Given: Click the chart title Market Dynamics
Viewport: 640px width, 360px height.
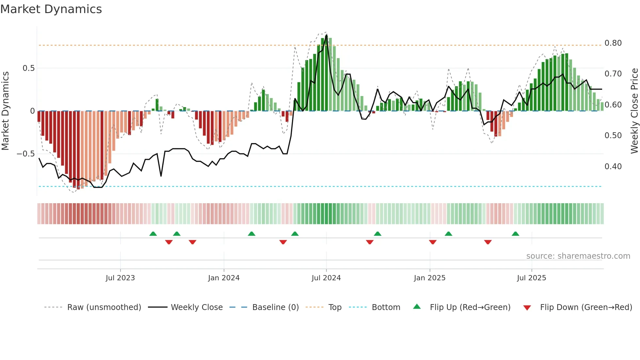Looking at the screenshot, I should (x=51, y=9).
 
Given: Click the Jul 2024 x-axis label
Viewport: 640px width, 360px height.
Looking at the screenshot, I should (x=326, y=278).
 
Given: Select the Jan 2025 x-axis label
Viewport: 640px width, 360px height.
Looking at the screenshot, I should (x=429, y=278).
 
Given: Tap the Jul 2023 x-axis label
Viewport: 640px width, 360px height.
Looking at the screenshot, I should (x=120, y=278).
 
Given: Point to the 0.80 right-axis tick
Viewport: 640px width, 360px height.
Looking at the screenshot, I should (x=613, y=43).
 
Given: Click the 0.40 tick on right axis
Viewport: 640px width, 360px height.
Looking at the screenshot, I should (x=613, y=167).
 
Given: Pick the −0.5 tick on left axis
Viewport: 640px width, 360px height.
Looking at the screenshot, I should (x=25, y=154).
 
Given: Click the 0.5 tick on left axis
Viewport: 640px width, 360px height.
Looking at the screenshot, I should (x=28, y=68).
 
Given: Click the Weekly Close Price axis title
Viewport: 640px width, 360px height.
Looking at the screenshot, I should (x=634, y=111).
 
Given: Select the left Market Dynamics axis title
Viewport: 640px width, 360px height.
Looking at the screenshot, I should (x=5, y=111).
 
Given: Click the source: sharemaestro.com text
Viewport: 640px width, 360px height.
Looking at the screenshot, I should (x=578, y=256).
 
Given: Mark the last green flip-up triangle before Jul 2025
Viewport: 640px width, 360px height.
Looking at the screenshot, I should (x=515, y=234).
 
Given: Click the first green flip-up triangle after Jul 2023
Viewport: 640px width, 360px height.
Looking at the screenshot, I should (x=153, y=234).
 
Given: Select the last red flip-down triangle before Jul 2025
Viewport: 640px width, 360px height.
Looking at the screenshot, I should (x=488, y=242).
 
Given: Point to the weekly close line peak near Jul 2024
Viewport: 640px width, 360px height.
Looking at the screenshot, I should (x=327, y=35).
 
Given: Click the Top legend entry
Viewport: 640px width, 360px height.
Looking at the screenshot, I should (x=335, y=307).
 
